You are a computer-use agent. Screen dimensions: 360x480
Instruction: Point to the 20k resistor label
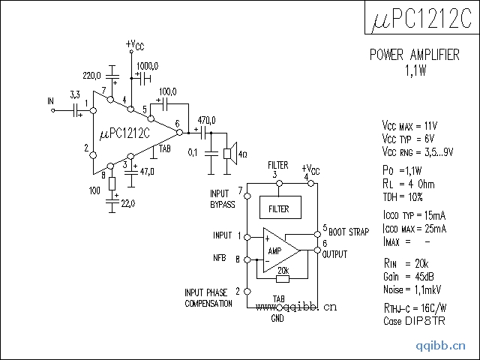283,270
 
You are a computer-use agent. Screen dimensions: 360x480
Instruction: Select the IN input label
50,100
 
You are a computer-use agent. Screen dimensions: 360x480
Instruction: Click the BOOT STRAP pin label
348,232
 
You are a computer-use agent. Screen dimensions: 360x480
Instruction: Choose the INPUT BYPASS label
223,199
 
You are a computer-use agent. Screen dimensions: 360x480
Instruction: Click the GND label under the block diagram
278,318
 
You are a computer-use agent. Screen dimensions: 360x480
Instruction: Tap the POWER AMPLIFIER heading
415,55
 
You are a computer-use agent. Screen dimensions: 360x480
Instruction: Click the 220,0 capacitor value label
91,76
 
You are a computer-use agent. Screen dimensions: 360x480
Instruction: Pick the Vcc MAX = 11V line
409,126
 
